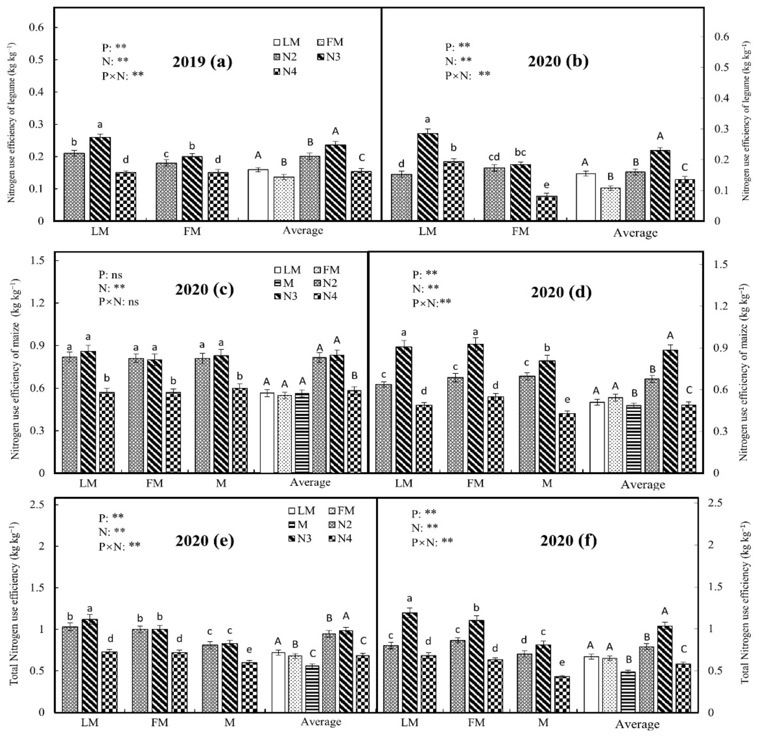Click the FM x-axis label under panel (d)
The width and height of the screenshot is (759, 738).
475,483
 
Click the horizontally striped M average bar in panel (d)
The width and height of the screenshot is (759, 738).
634,439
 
